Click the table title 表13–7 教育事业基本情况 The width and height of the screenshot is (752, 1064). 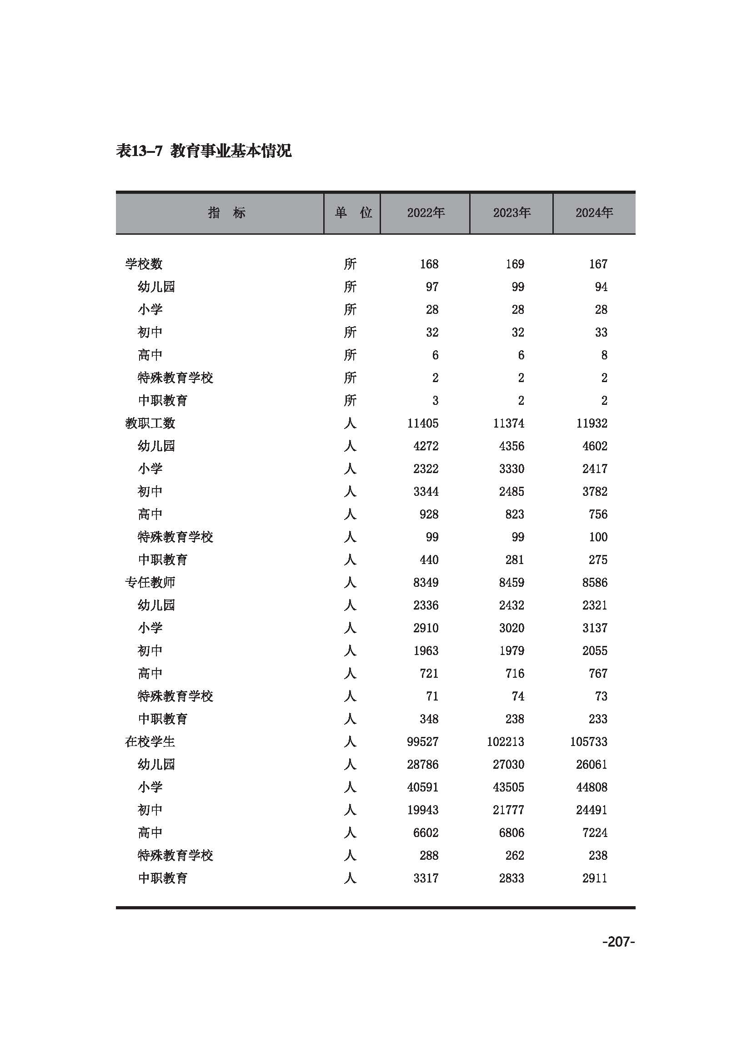(x=204, y=151)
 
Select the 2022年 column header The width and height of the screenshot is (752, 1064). (x=426, y=213)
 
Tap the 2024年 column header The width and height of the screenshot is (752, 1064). (x=594, y=213)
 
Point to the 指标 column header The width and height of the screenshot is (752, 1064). (x=226, y=213)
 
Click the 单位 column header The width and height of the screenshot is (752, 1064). (x=353, y=213)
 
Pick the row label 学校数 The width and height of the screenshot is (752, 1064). (x=144, y=264)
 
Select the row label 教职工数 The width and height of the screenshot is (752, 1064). (x=150, y=423)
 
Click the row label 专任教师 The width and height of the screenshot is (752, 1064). (x=150, y=583)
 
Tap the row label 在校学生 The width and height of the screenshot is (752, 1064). (x=150, y=741)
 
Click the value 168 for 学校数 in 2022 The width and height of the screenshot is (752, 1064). (x=429, y=264)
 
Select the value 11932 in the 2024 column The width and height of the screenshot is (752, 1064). (x=592, y=423)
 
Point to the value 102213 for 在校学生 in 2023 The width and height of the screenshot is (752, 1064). (x=505, y=741)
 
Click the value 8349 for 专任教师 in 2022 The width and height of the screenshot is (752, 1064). (x=426, y=583)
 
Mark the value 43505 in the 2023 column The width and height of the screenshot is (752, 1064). (x=508, y=787)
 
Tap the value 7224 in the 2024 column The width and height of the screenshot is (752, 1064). (x=595, y=832)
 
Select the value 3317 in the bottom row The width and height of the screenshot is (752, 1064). (x=426, y=877)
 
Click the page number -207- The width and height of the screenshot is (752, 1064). (x=618, y=941)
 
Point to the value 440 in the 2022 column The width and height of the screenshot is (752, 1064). (x=429, y=560)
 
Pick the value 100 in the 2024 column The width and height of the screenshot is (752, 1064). (x=598, y=537)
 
